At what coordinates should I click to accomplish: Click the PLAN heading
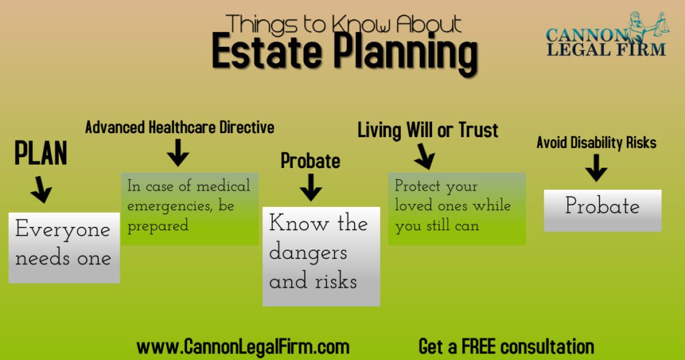click(41, 153)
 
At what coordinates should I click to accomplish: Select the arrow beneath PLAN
click(42, 189)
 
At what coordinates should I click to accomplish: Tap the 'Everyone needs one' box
click(64, 248)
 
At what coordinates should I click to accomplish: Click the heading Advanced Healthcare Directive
click(179, 127)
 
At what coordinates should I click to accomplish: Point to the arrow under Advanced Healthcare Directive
click(178, 153)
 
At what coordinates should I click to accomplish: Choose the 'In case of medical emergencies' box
click(189, 208)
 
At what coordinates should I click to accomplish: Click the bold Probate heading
click(310, 161)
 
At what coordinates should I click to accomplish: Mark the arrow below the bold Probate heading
click(310, 187)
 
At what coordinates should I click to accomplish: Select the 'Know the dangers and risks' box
click(321, 256)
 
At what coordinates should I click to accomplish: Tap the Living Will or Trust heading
click(427, 130)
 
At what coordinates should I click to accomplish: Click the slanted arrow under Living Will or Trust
click(424, 157)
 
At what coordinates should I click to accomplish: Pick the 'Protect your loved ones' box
click(457, 208)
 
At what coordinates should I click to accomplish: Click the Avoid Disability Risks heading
click(596, 143)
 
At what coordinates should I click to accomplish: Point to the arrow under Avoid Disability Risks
click(596, 168)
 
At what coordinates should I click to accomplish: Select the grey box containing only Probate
click(603, 210)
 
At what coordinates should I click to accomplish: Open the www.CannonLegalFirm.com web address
click(243, 347)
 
